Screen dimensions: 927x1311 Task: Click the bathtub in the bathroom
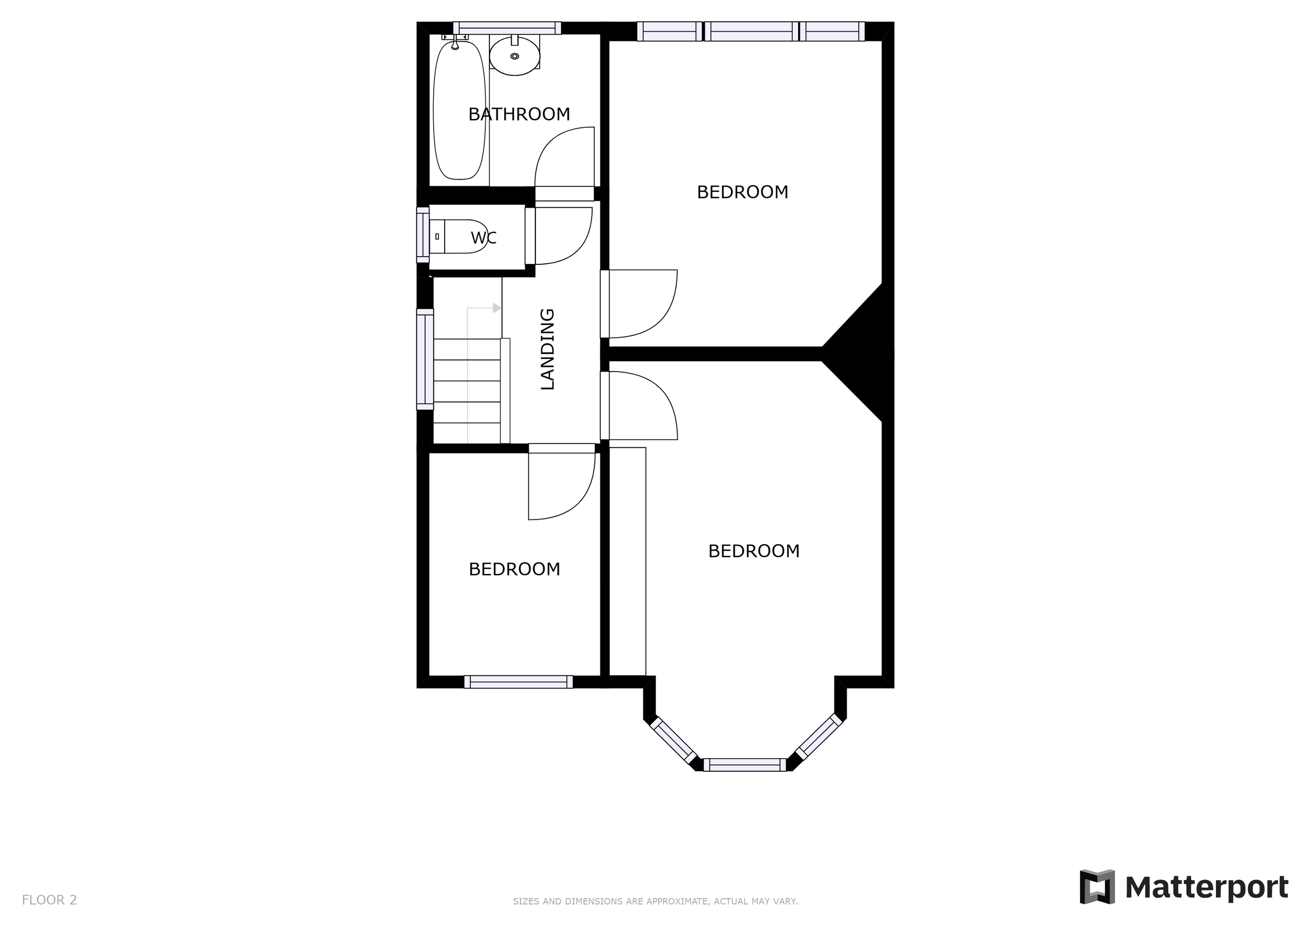(x=459, y=110)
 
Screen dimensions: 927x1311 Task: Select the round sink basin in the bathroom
(x=515, y=56)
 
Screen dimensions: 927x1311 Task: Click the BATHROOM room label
(x=519, y=114)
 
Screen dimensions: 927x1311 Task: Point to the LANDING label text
(x=547, y=349)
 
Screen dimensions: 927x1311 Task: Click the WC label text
(x=483, y=238)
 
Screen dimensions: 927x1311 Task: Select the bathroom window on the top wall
(x=507, y=28)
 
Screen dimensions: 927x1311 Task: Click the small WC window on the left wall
(x=423, y=235)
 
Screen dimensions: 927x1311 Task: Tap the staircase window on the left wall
(x=425, y=359)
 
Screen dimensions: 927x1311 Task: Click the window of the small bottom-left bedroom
(x=518, y=681)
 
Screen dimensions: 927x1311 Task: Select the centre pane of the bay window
(x=745, y=765)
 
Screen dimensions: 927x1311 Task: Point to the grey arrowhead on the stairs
(x=497, y=309)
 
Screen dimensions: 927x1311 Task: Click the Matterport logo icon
(x=1097, y=887)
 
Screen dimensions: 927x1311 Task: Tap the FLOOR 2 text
(x=49, y=900)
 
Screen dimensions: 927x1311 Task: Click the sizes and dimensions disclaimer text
(x=655, y=901)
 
